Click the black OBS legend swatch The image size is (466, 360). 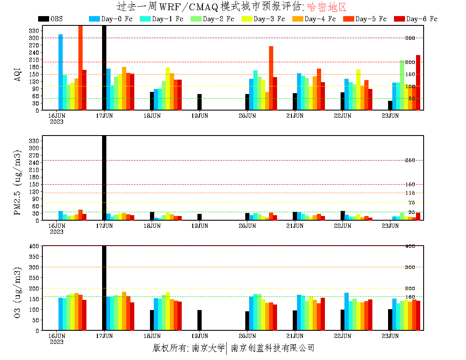(x=43, y=19)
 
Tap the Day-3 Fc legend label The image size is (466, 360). (x=269, y=19)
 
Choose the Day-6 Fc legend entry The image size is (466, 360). (x=422, y=19)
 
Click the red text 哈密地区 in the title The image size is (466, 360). (x=327, y=7)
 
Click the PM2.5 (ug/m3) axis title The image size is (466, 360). (x=18, y=182)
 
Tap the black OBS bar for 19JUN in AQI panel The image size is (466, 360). (x=200, y=102)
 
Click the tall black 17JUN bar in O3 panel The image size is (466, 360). (x=104, y=288)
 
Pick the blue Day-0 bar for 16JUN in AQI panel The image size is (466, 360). (x=61, y=72)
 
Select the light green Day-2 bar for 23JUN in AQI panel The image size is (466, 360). (x=402, y=85)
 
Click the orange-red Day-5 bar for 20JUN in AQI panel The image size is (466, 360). (x=271, y=78)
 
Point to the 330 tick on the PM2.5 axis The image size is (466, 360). (x=34, y=141)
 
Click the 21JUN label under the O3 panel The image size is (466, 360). (x=295, y=336)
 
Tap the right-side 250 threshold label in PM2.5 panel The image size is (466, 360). (x=410, y=161)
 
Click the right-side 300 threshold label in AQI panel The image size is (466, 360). (x=410, y=38)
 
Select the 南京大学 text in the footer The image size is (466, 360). (x=208, y=348)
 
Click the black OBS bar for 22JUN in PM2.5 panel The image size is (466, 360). (x=343, y=216)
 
